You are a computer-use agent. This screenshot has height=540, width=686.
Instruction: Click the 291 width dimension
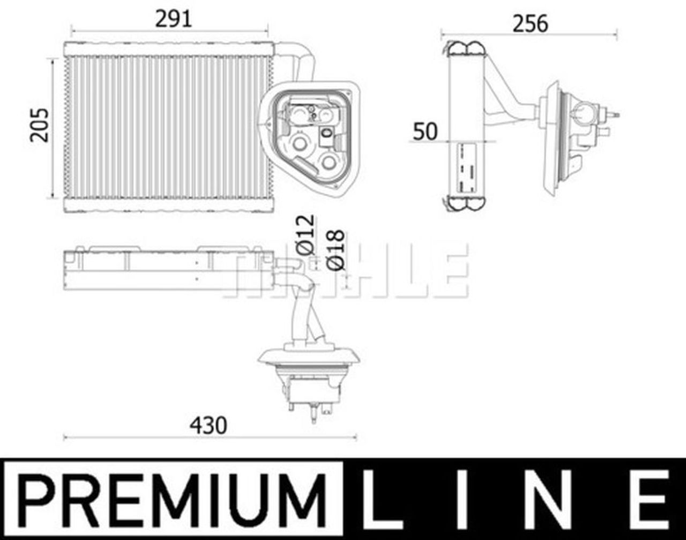[173, 19]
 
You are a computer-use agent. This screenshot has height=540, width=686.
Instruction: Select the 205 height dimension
[40, 125]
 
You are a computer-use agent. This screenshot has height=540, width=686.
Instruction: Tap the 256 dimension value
[530, 24]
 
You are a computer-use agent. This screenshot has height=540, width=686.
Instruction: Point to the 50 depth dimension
[425, 131]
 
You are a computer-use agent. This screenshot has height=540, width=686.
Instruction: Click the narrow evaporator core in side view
[466, 126]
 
